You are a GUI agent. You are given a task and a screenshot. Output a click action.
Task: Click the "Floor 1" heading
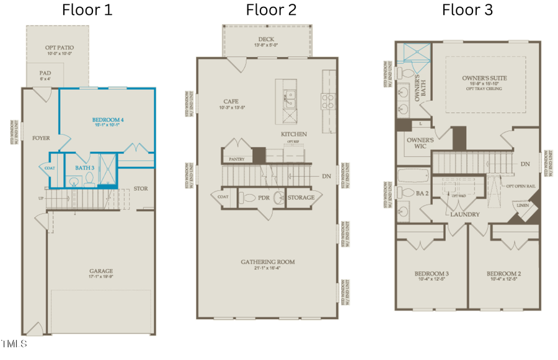tap(87, 10)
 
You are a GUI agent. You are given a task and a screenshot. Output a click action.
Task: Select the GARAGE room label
tap(100, 271)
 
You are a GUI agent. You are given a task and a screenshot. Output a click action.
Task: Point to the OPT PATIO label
tap(58, 48)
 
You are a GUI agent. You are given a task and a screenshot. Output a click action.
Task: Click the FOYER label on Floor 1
tap(41, 138)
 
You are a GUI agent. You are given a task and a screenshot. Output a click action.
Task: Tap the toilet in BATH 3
tap(89, 180)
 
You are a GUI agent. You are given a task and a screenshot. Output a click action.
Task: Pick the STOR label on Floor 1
tap(141, 188)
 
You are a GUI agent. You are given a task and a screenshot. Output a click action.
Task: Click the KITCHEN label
tap(294, 134)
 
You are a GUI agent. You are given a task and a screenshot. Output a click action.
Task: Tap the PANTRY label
tap(237, 159)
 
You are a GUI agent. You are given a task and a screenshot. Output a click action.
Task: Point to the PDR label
tap(264, 198)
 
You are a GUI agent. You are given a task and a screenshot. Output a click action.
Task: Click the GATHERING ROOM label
tap(268, 262)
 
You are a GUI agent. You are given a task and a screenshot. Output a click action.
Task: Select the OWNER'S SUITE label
tap(484, 79)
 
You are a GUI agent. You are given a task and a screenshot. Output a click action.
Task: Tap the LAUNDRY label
tap(465, 214)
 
